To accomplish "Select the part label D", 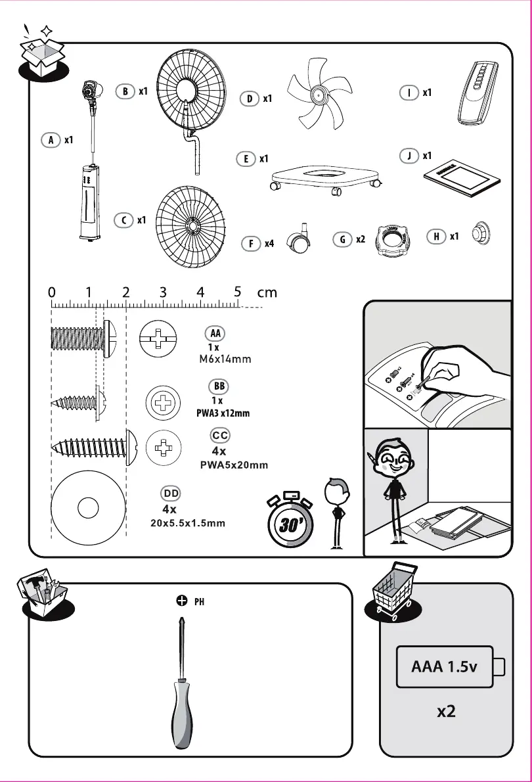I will [x=250, y=99].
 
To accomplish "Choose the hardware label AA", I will [x=215, y=333].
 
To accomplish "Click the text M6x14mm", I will [x=225, y=359].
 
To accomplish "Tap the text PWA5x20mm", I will [x=233, y=465].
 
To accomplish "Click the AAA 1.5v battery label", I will [x=444, y=668].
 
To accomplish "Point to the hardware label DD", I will [x=171, y=493].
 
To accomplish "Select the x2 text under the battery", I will [x=446, y=712].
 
